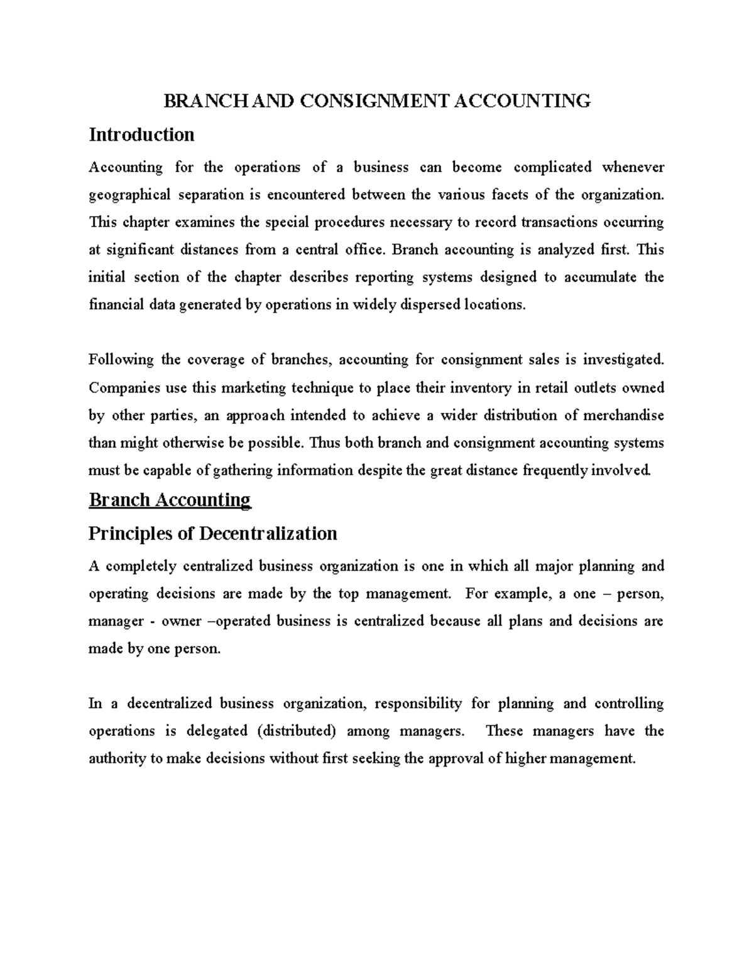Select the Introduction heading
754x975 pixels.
[141, 134]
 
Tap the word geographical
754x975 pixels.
[129, 195]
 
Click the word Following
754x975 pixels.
[121, 360]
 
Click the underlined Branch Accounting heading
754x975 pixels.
[170, 500]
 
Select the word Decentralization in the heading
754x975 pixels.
[268, 534]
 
